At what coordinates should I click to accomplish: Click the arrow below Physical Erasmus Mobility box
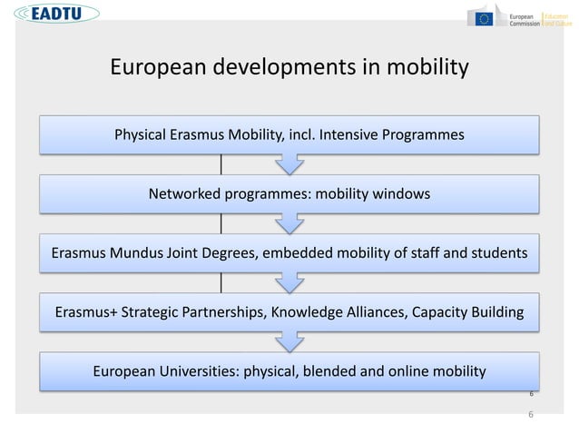pos(289,163)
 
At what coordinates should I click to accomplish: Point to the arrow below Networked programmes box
pos(289,222)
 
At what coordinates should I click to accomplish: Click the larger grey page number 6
pos(531,414)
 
